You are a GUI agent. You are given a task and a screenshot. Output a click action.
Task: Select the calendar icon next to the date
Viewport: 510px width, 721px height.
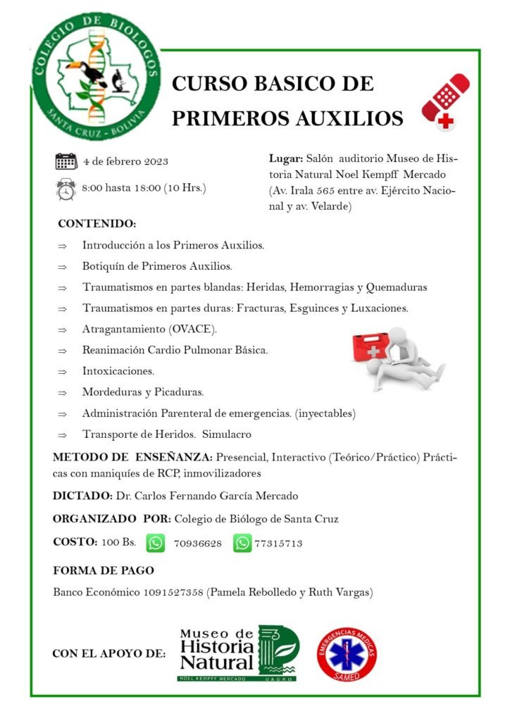click(x=66, y=161)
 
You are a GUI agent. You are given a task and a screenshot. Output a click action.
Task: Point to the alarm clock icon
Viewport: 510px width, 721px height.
click(x=66, y=189)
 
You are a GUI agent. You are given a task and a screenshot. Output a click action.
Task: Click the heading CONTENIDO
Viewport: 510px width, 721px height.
click(x=97, y=224)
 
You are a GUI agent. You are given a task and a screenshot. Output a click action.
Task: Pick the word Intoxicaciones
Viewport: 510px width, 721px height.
click(x=118, y=370)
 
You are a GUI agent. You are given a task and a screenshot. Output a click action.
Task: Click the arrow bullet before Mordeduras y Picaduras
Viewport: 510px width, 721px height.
click(x=63, y=392)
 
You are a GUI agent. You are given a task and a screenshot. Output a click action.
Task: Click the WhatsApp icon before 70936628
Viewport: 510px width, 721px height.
click(x=156, y=543)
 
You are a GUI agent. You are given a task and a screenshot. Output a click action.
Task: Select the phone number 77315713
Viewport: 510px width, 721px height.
click(x=279, y=544)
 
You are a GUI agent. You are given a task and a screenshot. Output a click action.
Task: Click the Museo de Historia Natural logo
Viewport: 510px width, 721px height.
click(x=237, y=653)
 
